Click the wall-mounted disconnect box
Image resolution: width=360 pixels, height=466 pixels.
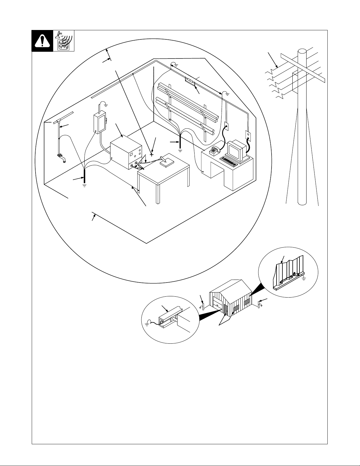click(x=99, y=123)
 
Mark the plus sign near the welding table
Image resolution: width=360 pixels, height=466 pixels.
click(x=152, y=154)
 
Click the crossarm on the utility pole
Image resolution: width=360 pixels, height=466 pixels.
click(x=303, y=68)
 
